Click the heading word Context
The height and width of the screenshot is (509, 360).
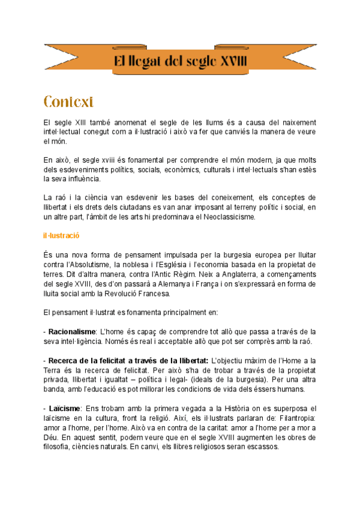pyautogui.click(x=68, y=100)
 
